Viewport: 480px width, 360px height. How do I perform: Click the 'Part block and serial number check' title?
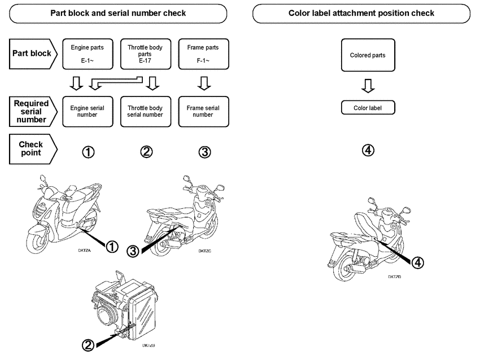(x=118, y=13)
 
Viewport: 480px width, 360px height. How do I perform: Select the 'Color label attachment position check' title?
(x=361, y=13)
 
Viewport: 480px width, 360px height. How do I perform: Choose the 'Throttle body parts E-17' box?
(x=145, y=54)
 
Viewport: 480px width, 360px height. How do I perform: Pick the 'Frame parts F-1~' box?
(x=203, y=54)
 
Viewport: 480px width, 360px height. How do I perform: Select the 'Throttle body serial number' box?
(x=145, y=111)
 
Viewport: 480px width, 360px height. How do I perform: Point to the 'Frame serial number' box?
(x=203, y=111)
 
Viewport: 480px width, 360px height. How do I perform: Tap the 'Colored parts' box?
(x=368, y=55)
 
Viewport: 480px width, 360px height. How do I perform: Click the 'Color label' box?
(x=368, y=108)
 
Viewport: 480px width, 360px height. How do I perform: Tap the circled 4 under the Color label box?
(x=368, y=150)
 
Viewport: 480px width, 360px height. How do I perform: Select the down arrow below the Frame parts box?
(x=205, y=84)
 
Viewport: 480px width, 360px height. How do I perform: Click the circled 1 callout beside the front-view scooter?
(x=112, y=246)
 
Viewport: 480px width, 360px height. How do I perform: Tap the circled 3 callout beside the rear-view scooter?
(x=133, y=251)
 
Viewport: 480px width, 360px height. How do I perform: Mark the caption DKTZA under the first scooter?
(x=85, y=248)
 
